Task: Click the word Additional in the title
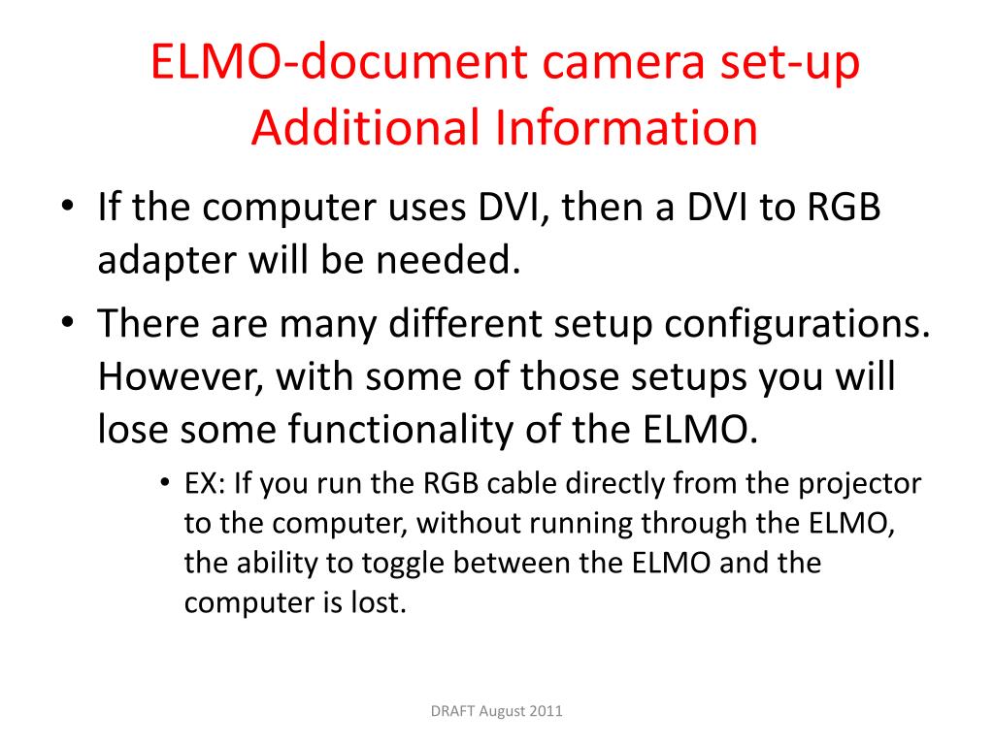tap(365, 127)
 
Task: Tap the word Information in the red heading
tap(626, 127)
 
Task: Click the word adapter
tap(167, 261)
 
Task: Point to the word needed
tap(448, 259)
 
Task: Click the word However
tap(181, 377)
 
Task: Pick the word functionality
tap(401, 430)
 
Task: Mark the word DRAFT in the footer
tap(452, 711)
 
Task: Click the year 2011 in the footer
tap(546, 711)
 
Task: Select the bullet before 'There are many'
tap(67, 322)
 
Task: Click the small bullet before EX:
tap(165, 483)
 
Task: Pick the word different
tap(465, 323)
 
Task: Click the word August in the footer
tap(502, 711)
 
